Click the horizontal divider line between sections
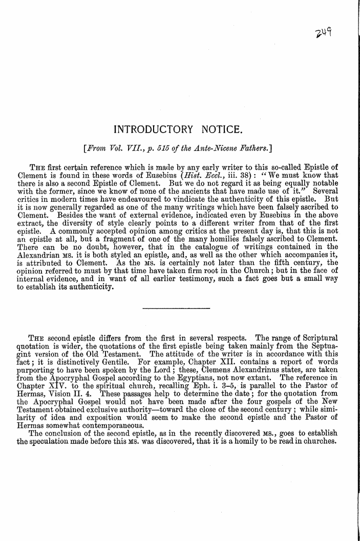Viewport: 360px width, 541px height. (175, 308)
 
